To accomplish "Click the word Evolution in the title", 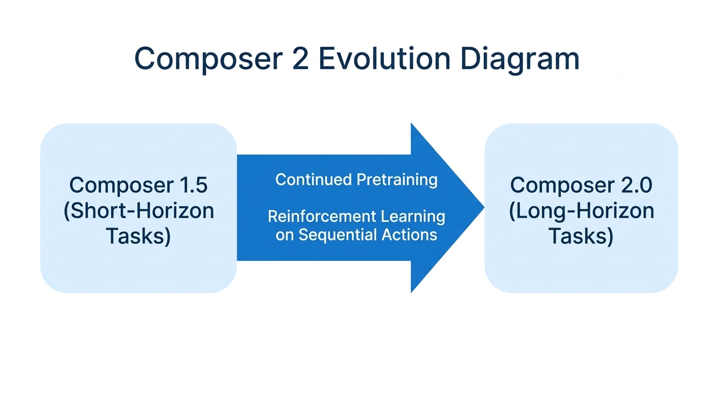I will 384,59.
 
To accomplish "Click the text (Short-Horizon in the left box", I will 139,211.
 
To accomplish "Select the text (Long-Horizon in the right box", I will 581,211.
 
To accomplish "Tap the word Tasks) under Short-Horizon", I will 139,236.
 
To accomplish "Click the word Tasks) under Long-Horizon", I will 581,236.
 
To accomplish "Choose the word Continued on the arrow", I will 313,180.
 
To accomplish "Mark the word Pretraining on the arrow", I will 397,180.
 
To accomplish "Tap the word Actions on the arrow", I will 409,235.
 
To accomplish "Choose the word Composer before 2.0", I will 563,185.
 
